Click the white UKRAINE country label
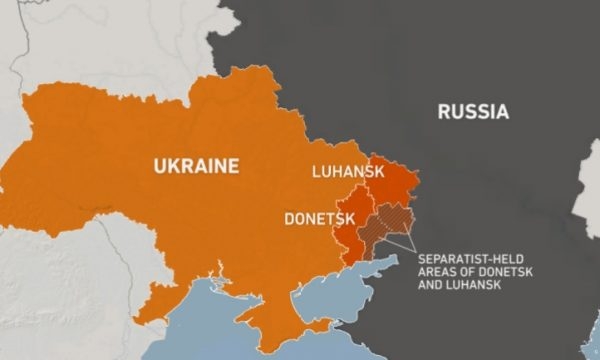[195, 165]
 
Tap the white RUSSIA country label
[472, 111]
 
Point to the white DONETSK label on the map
[316, 217]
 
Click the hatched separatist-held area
[385, 222]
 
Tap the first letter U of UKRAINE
[157, 165]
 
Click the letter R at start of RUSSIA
[443, 111]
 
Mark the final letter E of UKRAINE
[234, 165]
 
